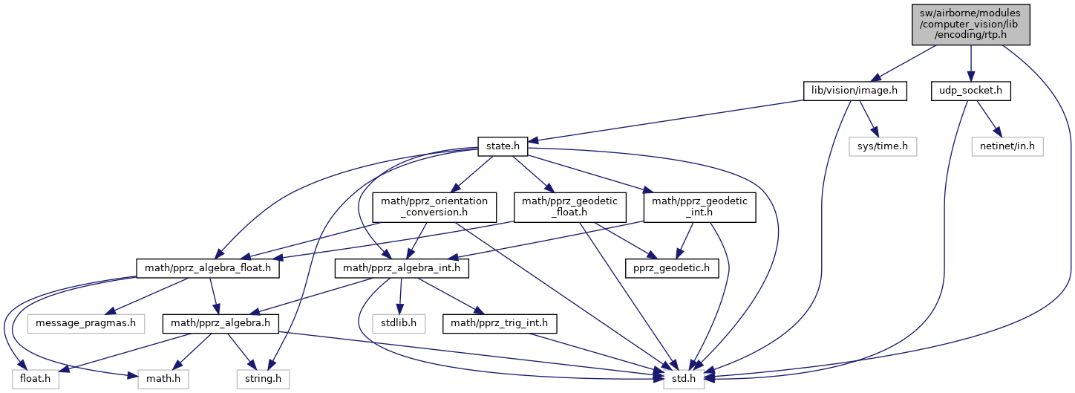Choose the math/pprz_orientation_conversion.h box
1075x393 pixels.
[434, 207]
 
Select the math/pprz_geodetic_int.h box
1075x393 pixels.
[699, 207]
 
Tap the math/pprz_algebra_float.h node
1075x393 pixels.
[208, 267]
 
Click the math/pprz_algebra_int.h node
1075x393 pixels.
[402, 267]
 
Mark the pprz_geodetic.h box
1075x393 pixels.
[673, 267]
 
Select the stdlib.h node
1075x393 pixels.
[401, 323]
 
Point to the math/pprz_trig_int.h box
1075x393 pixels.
[500, 323]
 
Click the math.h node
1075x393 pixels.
[163, 379]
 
